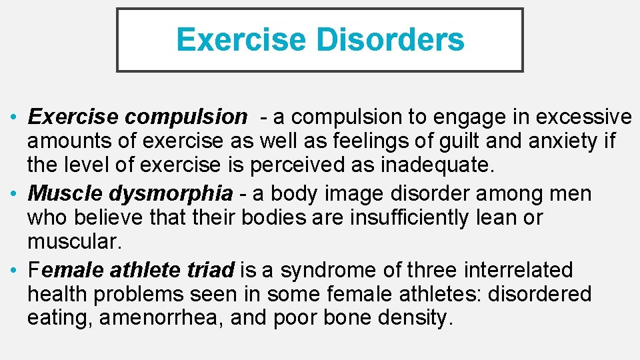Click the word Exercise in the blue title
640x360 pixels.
coord(241,40)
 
